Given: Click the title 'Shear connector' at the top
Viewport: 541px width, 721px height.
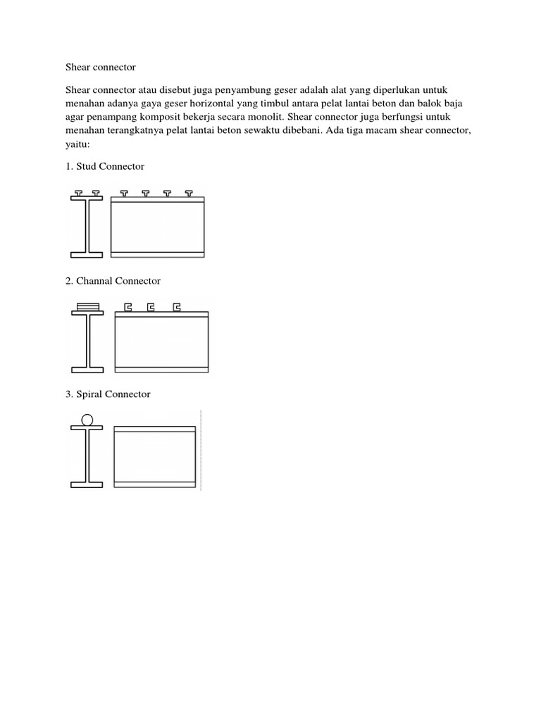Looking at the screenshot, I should pos(100,68).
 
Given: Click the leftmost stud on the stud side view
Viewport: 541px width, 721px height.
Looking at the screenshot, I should pos(124,192).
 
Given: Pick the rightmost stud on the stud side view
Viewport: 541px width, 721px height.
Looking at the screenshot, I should pos(189,192).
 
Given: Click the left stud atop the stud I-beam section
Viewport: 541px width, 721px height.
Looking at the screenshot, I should pos(79,192).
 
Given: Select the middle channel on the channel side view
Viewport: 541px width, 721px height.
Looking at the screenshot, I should pos(151,307).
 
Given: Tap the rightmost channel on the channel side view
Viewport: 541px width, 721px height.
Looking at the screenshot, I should pos(177,307).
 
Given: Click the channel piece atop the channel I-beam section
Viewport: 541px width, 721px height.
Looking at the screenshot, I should pos(87,306).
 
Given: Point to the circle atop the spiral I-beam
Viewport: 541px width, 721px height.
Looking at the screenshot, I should pos(87,420).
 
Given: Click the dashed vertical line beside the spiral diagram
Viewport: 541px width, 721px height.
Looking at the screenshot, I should pos(201,451).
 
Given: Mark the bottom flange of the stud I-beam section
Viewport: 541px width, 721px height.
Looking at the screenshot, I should pos(87,253).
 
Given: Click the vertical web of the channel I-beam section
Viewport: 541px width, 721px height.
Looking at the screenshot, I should pos(87,341).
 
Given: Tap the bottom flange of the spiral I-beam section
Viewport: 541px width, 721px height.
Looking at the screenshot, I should pos(87,484).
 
